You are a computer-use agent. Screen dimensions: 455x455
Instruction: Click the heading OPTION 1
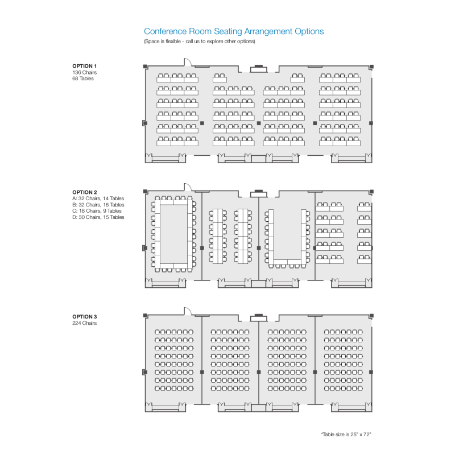(x=84, y=66)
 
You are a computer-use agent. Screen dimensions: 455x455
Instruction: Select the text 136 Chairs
(x=84, y=72)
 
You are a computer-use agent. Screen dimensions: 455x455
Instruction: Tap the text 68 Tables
(x=83, y=78)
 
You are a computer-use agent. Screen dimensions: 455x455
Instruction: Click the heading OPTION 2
(x=84, y=192)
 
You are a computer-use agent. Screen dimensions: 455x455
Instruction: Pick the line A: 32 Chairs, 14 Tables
(x=98, y=198)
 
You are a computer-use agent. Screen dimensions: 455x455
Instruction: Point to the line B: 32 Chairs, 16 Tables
(x=98, y=205)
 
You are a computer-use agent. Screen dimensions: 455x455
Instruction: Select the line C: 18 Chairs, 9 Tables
(x=97, y=211)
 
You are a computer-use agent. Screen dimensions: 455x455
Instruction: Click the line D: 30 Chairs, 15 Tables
(x=98, y=217)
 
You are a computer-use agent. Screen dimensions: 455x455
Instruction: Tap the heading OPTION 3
(x=84, y=317)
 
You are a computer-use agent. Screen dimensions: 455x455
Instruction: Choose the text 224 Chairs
(x=84, y=323)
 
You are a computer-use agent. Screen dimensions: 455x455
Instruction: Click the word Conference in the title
(x=165, y=31)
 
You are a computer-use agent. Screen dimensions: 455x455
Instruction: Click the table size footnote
(x=346, y=435)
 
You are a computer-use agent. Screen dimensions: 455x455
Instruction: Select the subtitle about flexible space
(x=200, y=41)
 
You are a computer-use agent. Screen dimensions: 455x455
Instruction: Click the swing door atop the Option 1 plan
(x=188, y=62)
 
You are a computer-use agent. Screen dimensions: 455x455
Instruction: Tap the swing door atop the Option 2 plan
(x=188, y=187)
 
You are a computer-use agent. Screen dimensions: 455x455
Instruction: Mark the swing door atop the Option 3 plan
(x=188, y=311)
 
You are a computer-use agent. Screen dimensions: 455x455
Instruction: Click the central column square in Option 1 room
(x=259, y=123)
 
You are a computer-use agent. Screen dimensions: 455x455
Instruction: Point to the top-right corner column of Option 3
(x=372, y=316)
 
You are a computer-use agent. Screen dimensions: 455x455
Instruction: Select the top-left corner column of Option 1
(x=146, y=67)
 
